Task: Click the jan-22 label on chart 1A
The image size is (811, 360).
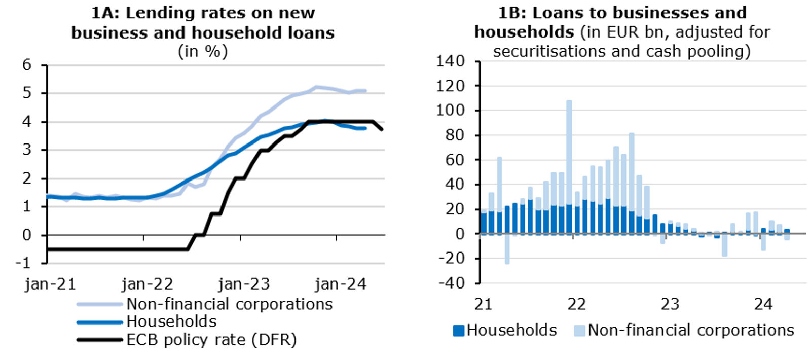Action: (147, 284)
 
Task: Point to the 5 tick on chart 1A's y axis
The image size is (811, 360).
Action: (27, 93)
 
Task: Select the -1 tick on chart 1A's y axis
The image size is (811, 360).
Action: (25, 263)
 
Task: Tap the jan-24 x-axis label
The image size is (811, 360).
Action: (341, 284)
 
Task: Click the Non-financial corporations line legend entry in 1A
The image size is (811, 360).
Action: (229, 304)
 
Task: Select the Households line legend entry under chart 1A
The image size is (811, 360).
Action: (171, 321)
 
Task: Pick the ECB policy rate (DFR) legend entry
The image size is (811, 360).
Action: (211, 339)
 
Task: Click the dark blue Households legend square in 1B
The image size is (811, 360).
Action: (458, 331)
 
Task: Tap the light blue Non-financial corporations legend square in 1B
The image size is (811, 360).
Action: (579, 331)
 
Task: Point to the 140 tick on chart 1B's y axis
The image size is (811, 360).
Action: (451, 61)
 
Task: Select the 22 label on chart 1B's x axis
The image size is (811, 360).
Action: (577, 304)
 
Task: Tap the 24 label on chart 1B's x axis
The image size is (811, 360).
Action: (763, 304)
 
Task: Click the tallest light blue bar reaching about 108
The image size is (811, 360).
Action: (569, 152)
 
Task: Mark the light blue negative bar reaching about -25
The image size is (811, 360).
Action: (507, 249)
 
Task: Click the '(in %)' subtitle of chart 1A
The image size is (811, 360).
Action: (203, 51)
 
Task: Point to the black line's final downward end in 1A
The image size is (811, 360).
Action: (381, 129)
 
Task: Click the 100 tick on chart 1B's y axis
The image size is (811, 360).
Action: (451, 111)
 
